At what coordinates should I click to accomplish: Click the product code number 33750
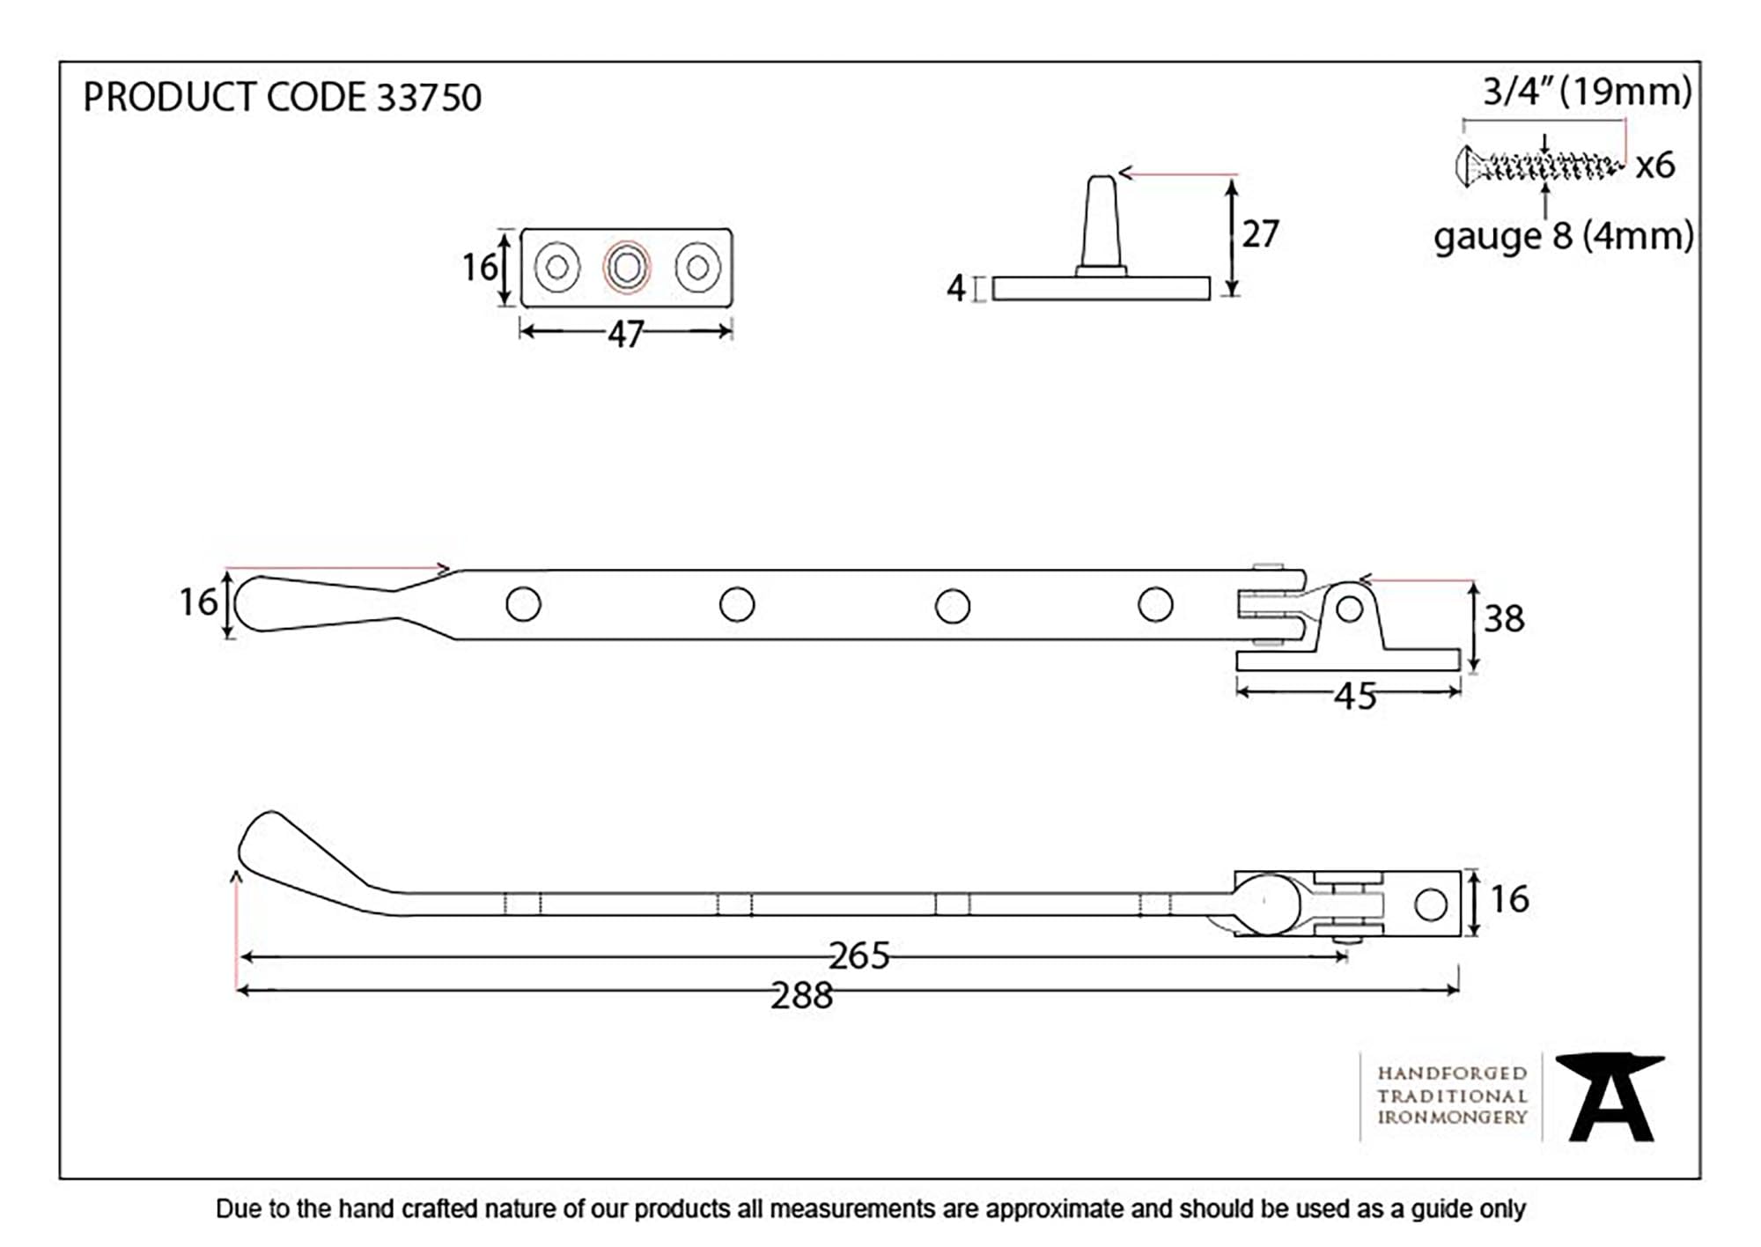point(429,98)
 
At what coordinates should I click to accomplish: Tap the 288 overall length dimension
point(801,996)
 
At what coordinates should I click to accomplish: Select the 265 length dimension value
point(859,956)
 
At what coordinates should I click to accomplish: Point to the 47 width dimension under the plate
point(625,335)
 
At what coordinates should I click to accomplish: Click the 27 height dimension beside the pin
point(1260,234)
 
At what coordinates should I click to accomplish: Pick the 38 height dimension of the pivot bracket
point(1504,618)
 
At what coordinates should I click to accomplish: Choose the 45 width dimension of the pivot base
point(1355,697)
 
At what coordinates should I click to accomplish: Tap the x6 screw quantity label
point(1655,166)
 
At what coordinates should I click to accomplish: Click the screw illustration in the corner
point(1537,166)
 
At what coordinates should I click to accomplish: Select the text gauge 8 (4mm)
point(1564,236)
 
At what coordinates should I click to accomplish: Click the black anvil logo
point(1610,1096)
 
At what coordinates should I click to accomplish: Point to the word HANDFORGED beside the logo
point(1452,1074)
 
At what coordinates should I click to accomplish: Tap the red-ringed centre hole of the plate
point(626,267)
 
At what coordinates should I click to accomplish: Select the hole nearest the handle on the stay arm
point(523,604)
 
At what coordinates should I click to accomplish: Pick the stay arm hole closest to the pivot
point(1155,604)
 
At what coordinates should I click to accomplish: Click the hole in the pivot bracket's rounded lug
point(1350,609)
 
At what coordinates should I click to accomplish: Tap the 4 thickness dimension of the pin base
point(956,288)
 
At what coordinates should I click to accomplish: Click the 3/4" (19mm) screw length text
point(1587,92)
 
